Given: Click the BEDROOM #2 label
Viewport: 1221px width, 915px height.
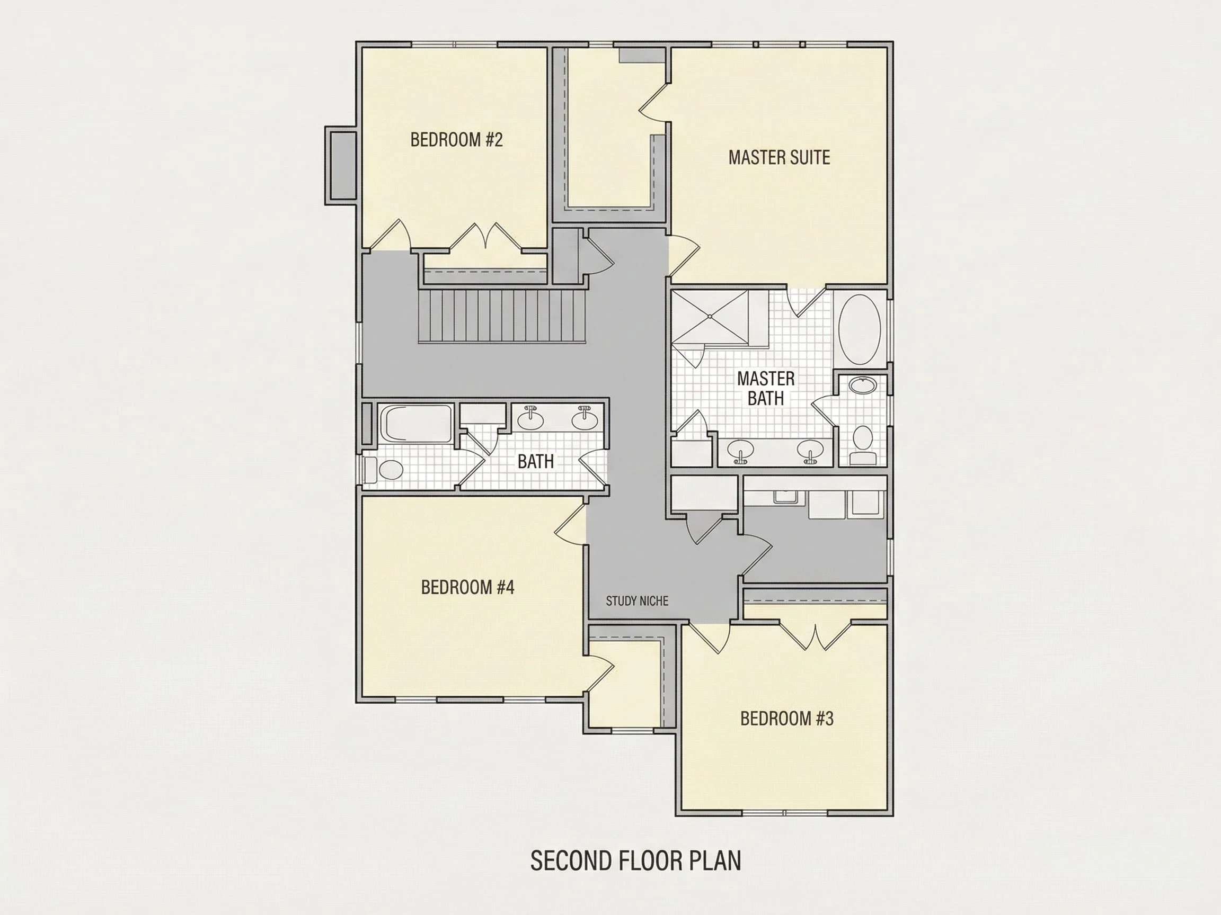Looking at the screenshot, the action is click(456, 140).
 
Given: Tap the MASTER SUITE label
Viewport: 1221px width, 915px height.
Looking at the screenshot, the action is click(779, 158).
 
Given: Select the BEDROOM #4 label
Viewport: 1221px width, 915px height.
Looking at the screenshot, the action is click(467, 587).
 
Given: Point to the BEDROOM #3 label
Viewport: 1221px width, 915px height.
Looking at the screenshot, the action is click(786, 719).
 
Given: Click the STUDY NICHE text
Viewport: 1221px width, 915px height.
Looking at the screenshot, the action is click(637, 601).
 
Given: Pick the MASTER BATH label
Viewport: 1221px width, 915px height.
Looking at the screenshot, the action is click(766, 388).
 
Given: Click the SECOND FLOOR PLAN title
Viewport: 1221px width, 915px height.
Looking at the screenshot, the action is click(635, 860).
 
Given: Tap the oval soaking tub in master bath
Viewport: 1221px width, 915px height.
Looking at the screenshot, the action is click(860, 330).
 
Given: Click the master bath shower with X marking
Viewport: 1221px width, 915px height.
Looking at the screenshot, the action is click(710, 317).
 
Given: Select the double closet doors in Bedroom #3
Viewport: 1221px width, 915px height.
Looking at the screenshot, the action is click(815, 635).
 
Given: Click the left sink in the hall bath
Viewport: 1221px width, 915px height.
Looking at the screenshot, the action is click(530, 419).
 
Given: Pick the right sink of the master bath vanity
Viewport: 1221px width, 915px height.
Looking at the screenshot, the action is click(810, 451).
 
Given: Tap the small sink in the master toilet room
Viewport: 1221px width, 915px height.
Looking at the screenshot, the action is click(862, 384).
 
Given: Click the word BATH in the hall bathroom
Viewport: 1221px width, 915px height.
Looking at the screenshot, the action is click(535, 462).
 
